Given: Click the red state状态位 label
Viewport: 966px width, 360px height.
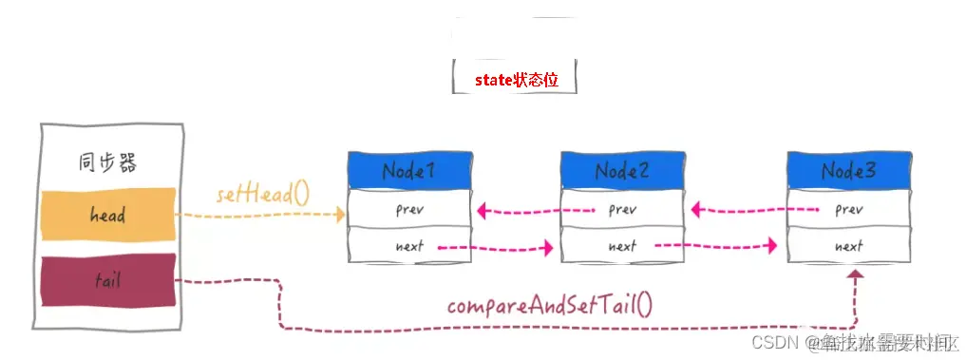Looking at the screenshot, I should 516,80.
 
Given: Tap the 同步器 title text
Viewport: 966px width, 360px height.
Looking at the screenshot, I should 106,162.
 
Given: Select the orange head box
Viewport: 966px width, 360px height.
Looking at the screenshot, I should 107,215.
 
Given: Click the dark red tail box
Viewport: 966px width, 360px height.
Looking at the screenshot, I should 107,281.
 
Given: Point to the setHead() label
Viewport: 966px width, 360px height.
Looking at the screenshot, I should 263,196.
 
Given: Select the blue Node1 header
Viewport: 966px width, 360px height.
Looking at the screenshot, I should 408,171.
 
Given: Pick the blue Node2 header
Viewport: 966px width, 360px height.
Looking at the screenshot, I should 621,171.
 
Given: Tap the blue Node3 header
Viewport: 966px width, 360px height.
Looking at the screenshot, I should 848,171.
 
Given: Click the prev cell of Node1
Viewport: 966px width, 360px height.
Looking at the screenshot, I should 408,208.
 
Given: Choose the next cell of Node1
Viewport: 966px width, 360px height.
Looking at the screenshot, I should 408,246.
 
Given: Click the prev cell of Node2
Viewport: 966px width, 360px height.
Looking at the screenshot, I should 621,208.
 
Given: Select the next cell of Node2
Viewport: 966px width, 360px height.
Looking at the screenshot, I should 621,246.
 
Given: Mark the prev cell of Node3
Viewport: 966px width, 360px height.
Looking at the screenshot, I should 848,208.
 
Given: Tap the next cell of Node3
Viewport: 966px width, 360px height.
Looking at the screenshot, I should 848,246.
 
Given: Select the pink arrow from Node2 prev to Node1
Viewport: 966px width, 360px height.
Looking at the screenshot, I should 536,209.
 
